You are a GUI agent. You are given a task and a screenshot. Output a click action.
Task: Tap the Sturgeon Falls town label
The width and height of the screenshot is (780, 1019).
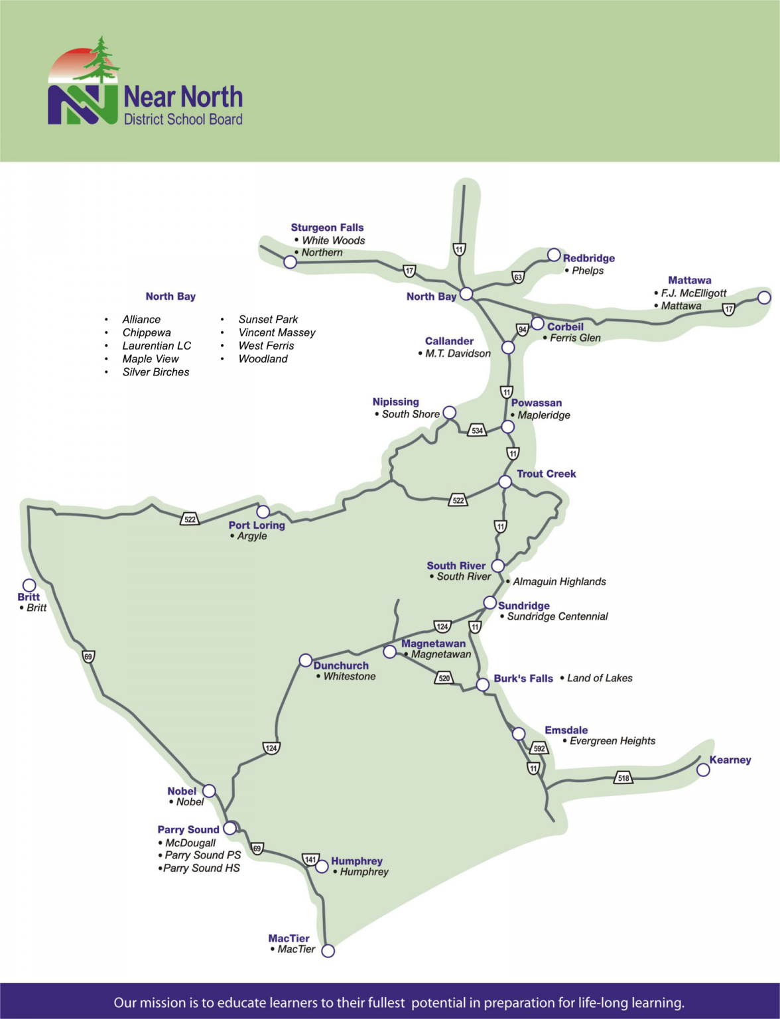pos(327,228)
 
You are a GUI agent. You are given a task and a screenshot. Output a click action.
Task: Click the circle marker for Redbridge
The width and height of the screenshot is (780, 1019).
pos(554,255)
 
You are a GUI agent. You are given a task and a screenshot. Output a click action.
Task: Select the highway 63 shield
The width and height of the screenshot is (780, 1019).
pos(518,277)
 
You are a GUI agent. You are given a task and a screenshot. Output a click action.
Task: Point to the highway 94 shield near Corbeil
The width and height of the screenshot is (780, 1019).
pos(523,329)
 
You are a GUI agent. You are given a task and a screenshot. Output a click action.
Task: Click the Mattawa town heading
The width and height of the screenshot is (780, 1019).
pos(689,280)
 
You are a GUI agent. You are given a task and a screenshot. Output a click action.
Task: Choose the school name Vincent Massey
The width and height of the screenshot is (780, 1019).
pos(277,332)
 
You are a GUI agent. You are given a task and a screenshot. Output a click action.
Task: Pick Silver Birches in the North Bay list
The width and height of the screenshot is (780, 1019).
pos(156,372)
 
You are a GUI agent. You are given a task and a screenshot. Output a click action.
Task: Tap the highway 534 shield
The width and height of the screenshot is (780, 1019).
pos(477,431)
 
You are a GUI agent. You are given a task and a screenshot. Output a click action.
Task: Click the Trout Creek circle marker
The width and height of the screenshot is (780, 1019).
pos(505,482)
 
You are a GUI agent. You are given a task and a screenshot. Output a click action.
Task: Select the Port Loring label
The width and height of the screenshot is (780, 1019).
pos(257,525)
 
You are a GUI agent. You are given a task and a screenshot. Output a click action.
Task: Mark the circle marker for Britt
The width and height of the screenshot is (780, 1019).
pos(29,585)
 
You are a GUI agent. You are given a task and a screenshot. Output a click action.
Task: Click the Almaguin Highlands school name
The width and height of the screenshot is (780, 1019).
pos(559,582)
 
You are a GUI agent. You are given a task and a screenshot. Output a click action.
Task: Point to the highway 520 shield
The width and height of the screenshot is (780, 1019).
pos(444,678)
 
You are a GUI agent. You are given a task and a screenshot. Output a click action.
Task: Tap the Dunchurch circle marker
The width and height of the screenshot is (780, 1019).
pos(305,660)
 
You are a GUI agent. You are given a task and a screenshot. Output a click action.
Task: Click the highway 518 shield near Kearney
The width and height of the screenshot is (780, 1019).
pos(623,778)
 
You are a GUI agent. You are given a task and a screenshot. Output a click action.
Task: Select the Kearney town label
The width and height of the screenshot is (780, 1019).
pos(730,760)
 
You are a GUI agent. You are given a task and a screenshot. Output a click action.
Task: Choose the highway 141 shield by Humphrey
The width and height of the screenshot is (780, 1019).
pos(310,860)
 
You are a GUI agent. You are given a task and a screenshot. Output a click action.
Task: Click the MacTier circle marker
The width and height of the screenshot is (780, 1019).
pos(328,951)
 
